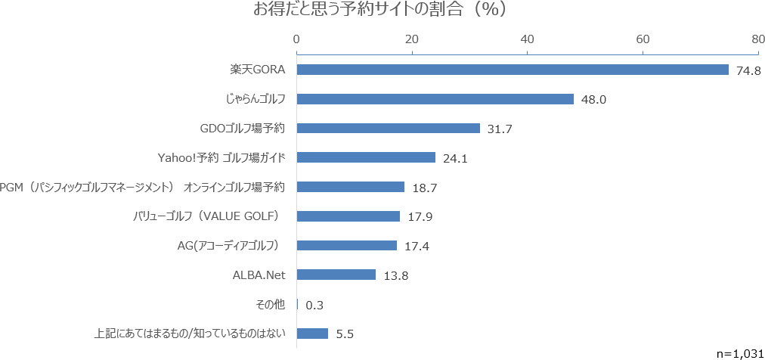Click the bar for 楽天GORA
click(513, 70)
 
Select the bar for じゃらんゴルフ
click(435, 99)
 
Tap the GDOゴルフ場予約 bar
click(388, 129)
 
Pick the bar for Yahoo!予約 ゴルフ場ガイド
click(366, 157)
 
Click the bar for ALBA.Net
click(336, 275)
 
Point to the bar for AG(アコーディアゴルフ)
click(346, 245)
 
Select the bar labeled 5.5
click(312, 334)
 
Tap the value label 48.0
click(593, 100)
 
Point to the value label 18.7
click(424, 188)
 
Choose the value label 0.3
click(314, 305)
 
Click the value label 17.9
click(420, 217)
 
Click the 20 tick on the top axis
click(412, 39)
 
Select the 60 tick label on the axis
click(643, 39)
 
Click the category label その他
click(271, 304)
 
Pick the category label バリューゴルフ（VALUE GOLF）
click(206, 216)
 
